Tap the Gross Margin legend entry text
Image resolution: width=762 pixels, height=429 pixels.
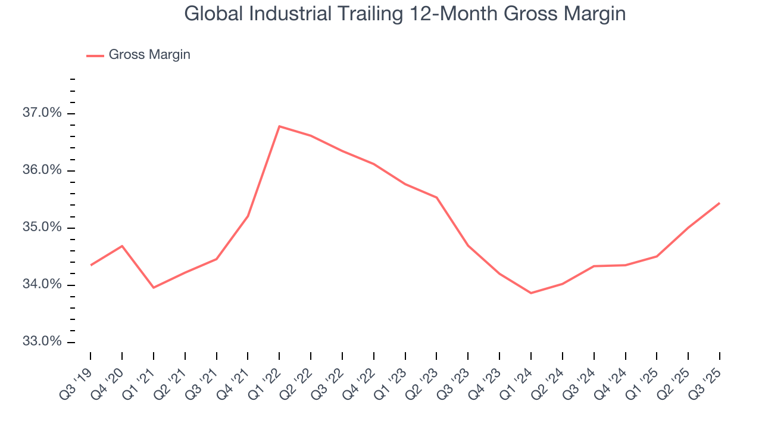tap(149, 55)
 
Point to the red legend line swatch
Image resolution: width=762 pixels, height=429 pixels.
tap(95, 55)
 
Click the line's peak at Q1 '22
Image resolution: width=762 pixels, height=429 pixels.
tap(279, 126)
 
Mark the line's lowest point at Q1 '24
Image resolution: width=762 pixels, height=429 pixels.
tap(530, 293)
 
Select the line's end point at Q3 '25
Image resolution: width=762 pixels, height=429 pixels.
tap(719, 203)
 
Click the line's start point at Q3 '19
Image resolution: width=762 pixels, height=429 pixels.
tap(90, 265)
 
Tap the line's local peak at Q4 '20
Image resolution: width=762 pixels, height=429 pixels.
tap(122, 246)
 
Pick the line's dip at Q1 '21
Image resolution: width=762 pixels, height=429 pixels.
tap(154, 288)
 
